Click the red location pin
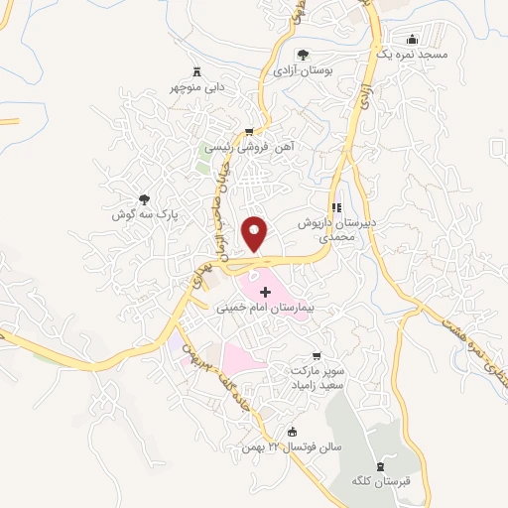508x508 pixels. (x=255, y=234)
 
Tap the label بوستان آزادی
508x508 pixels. (x=306, y=71)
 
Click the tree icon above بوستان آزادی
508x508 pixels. (x=303, y=56)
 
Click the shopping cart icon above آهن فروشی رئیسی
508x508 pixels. (x=248, y=131)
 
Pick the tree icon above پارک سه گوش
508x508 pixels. (x=145, y=198)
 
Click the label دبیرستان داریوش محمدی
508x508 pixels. (x=334, y=231)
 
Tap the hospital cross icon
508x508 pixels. (x=264, y=293)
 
